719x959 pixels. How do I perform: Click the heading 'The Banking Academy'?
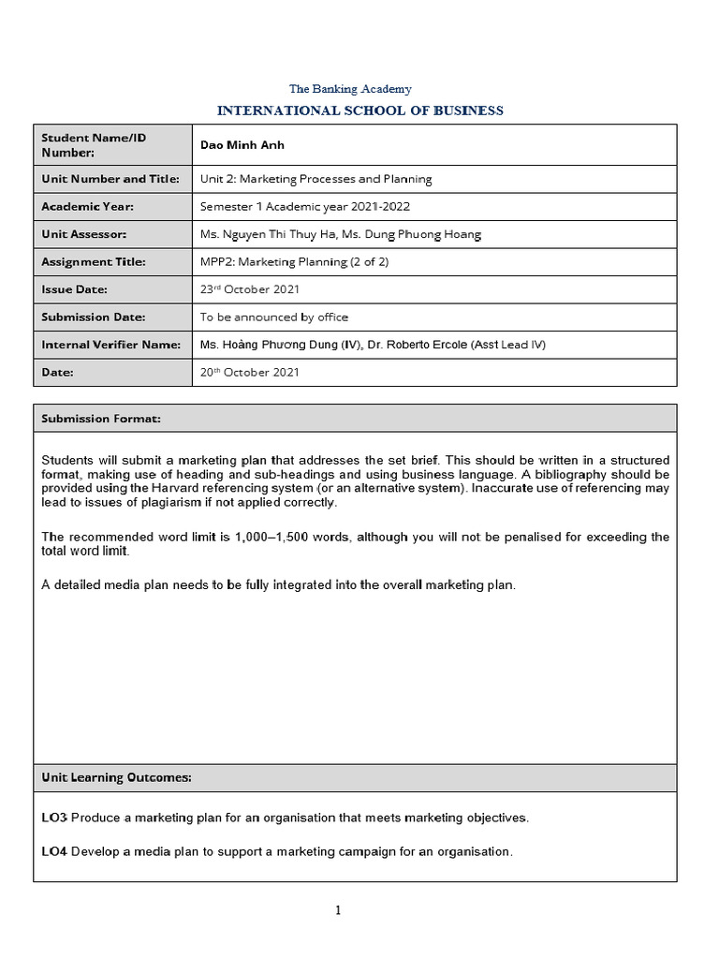pos(350,89)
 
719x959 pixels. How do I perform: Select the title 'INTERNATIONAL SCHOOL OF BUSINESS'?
pos(359,111)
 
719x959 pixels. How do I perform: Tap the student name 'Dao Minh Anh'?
pos(242,145)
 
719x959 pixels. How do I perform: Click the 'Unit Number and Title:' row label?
pos(110,179)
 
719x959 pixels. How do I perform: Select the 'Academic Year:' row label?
pos(87,206)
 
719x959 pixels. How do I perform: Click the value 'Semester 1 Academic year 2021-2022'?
pos(304,206)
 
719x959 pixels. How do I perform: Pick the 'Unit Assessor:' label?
pos(83,234)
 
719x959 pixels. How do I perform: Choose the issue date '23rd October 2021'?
pos(249,289)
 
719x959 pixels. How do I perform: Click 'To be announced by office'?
pos(274,317)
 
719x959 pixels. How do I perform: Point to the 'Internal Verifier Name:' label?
pos(110,345)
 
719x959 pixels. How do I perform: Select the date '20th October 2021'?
pos(249,372)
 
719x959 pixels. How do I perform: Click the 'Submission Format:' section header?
pos(101,419)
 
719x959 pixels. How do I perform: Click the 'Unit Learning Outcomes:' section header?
pos(117,777)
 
